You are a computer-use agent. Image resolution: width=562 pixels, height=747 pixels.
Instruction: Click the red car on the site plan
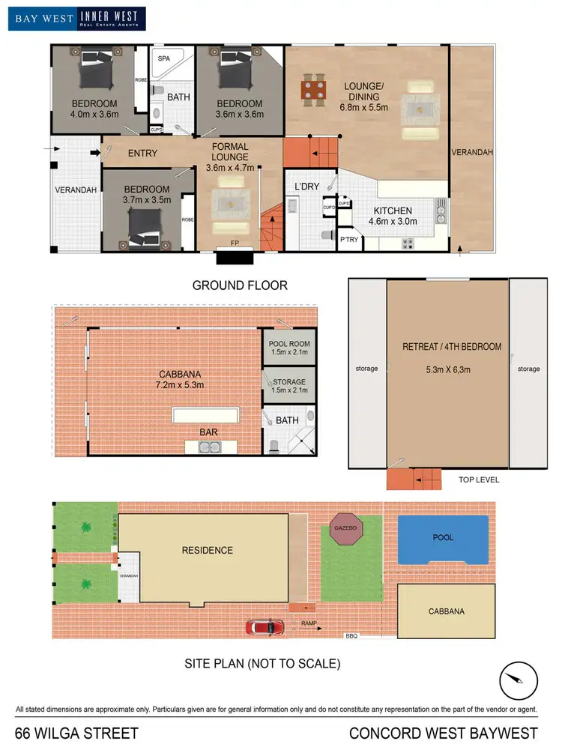tap(265, 626)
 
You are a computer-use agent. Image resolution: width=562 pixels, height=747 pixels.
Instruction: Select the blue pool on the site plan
tap(443, 538)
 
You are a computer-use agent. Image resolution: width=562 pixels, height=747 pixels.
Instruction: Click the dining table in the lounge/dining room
tap(315, 90)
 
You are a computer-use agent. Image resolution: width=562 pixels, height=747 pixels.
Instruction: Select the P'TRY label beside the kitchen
tap(349, 240)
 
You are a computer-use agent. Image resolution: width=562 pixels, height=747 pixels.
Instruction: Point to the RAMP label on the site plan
tap(309, 623)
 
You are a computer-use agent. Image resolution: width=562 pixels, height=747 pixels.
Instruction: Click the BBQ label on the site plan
tap(351, 636)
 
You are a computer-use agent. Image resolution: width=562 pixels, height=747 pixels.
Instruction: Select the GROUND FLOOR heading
tap(240, 285)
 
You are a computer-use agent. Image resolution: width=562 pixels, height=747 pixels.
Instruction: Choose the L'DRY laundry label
tap(307, 186)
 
